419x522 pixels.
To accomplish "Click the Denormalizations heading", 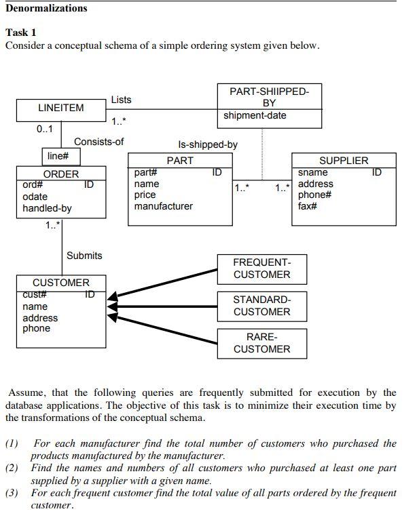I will pyautogui.click(x=46, y=9).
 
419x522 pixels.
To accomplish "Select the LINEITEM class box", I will pyautogui.click(x=61, y=108).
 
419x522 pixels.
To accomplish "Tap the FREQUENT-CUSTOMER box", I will pyautogui.click(x=261, y=268).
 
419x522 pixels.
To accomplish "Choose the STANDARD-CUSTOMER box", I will pyautogui.click(x=261, y=306).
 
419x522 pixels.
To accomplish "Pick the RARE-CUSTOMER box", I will pyautogui.click(x=261, y=343).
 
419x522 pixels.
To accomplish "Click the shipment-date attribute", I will pyautogui.click(x=255, y=115).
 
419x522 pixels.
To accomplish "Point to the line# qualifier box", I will pyautogui.click(x=62, y=157).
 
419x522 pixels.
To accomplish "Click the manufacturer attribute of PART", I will pyautogui.click(x=163, y=206).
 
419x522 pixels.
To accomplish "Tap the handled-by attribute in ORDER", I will pyautogui.click(x=47, y=208).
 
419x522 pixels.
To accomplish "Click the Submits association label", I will pyautogui.click(x=84, y=256).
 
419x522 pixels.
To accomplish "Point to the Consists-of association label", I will pyautogui.click(x=98, y=142).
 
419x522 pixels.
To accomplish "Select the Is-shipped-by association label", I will pyautogui.click(x=208, y=144).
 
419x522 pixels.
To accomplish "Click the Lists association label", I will pyautogui.click(x=121, y=100).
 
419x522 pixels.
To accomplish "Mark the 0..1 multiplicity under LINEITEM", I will pyautogui.click(x=45, y=128).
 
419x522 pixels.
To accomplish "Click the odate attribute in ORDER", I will pyautogui.click(x=35, y=197).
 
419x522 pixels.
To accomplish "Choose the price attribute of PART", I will pyautogui.click(x=145, y=195).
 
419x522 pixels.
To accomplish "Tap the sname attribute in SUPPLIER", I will pyautogui.click(x=312, y=173).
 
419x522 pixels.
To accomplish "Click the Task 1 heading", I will pyautogui.click(x=21, y=33).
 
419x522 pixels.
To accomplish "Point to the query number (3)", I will pyautogui.click(x=12, y=493).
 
